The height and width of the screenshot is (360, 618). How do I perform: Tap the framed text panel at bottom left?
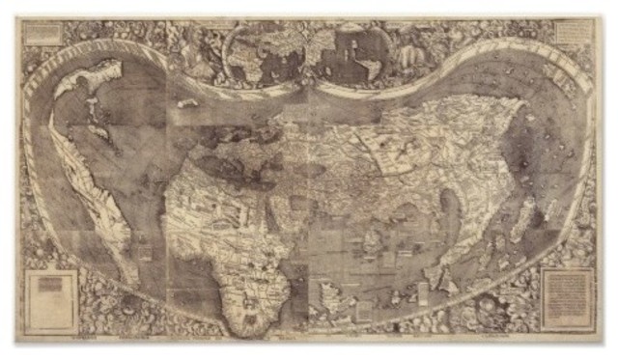(53, 300)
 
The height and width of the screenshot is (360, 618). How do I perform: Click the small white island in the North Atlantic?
(187, 102)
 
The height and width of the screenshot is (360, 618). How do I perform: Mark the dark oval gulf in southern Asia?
(450, 207)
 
